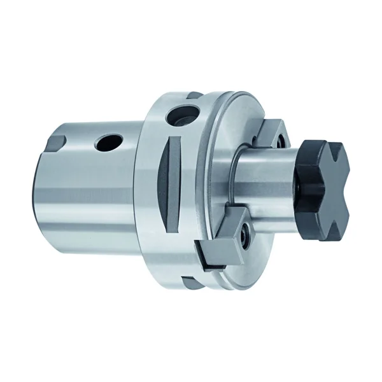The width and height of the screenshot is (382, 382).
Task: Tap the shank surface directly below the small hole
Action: tap(106, 185)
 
